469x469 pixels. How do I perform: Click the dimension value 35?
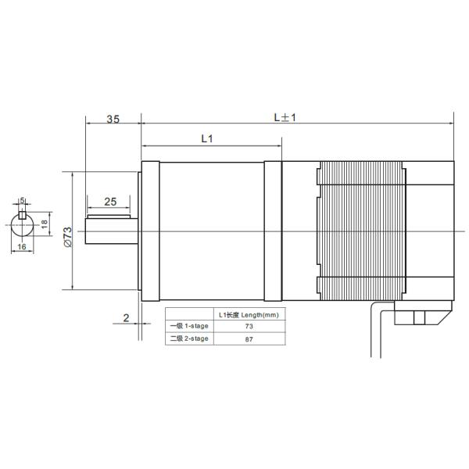(x=113, y=120)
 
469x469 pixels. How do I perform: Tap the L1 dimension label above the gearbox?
(x=207, y=139)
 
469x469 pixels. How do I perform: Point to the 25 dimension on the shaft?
(x=110, y=202)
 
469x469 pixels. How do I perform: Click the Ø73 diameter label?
(x=68, y=236)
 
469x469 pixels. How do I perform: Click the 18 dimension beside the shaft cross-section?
(x=45, y=223)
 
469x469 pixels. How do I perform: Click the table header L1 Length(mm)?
(x=249, y=314)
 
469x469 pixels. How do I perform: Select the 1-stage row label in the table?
(x=188, y=326)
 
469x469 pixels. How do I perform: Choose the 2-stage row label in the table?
(x=188, y=338)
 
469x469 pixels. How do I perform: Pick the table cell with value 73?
(x=249, y=326)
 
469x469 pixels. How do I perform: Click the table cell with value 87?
(x=249, y=338)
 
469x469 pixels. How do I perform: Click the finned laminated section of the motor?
(x=361, y=231)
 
